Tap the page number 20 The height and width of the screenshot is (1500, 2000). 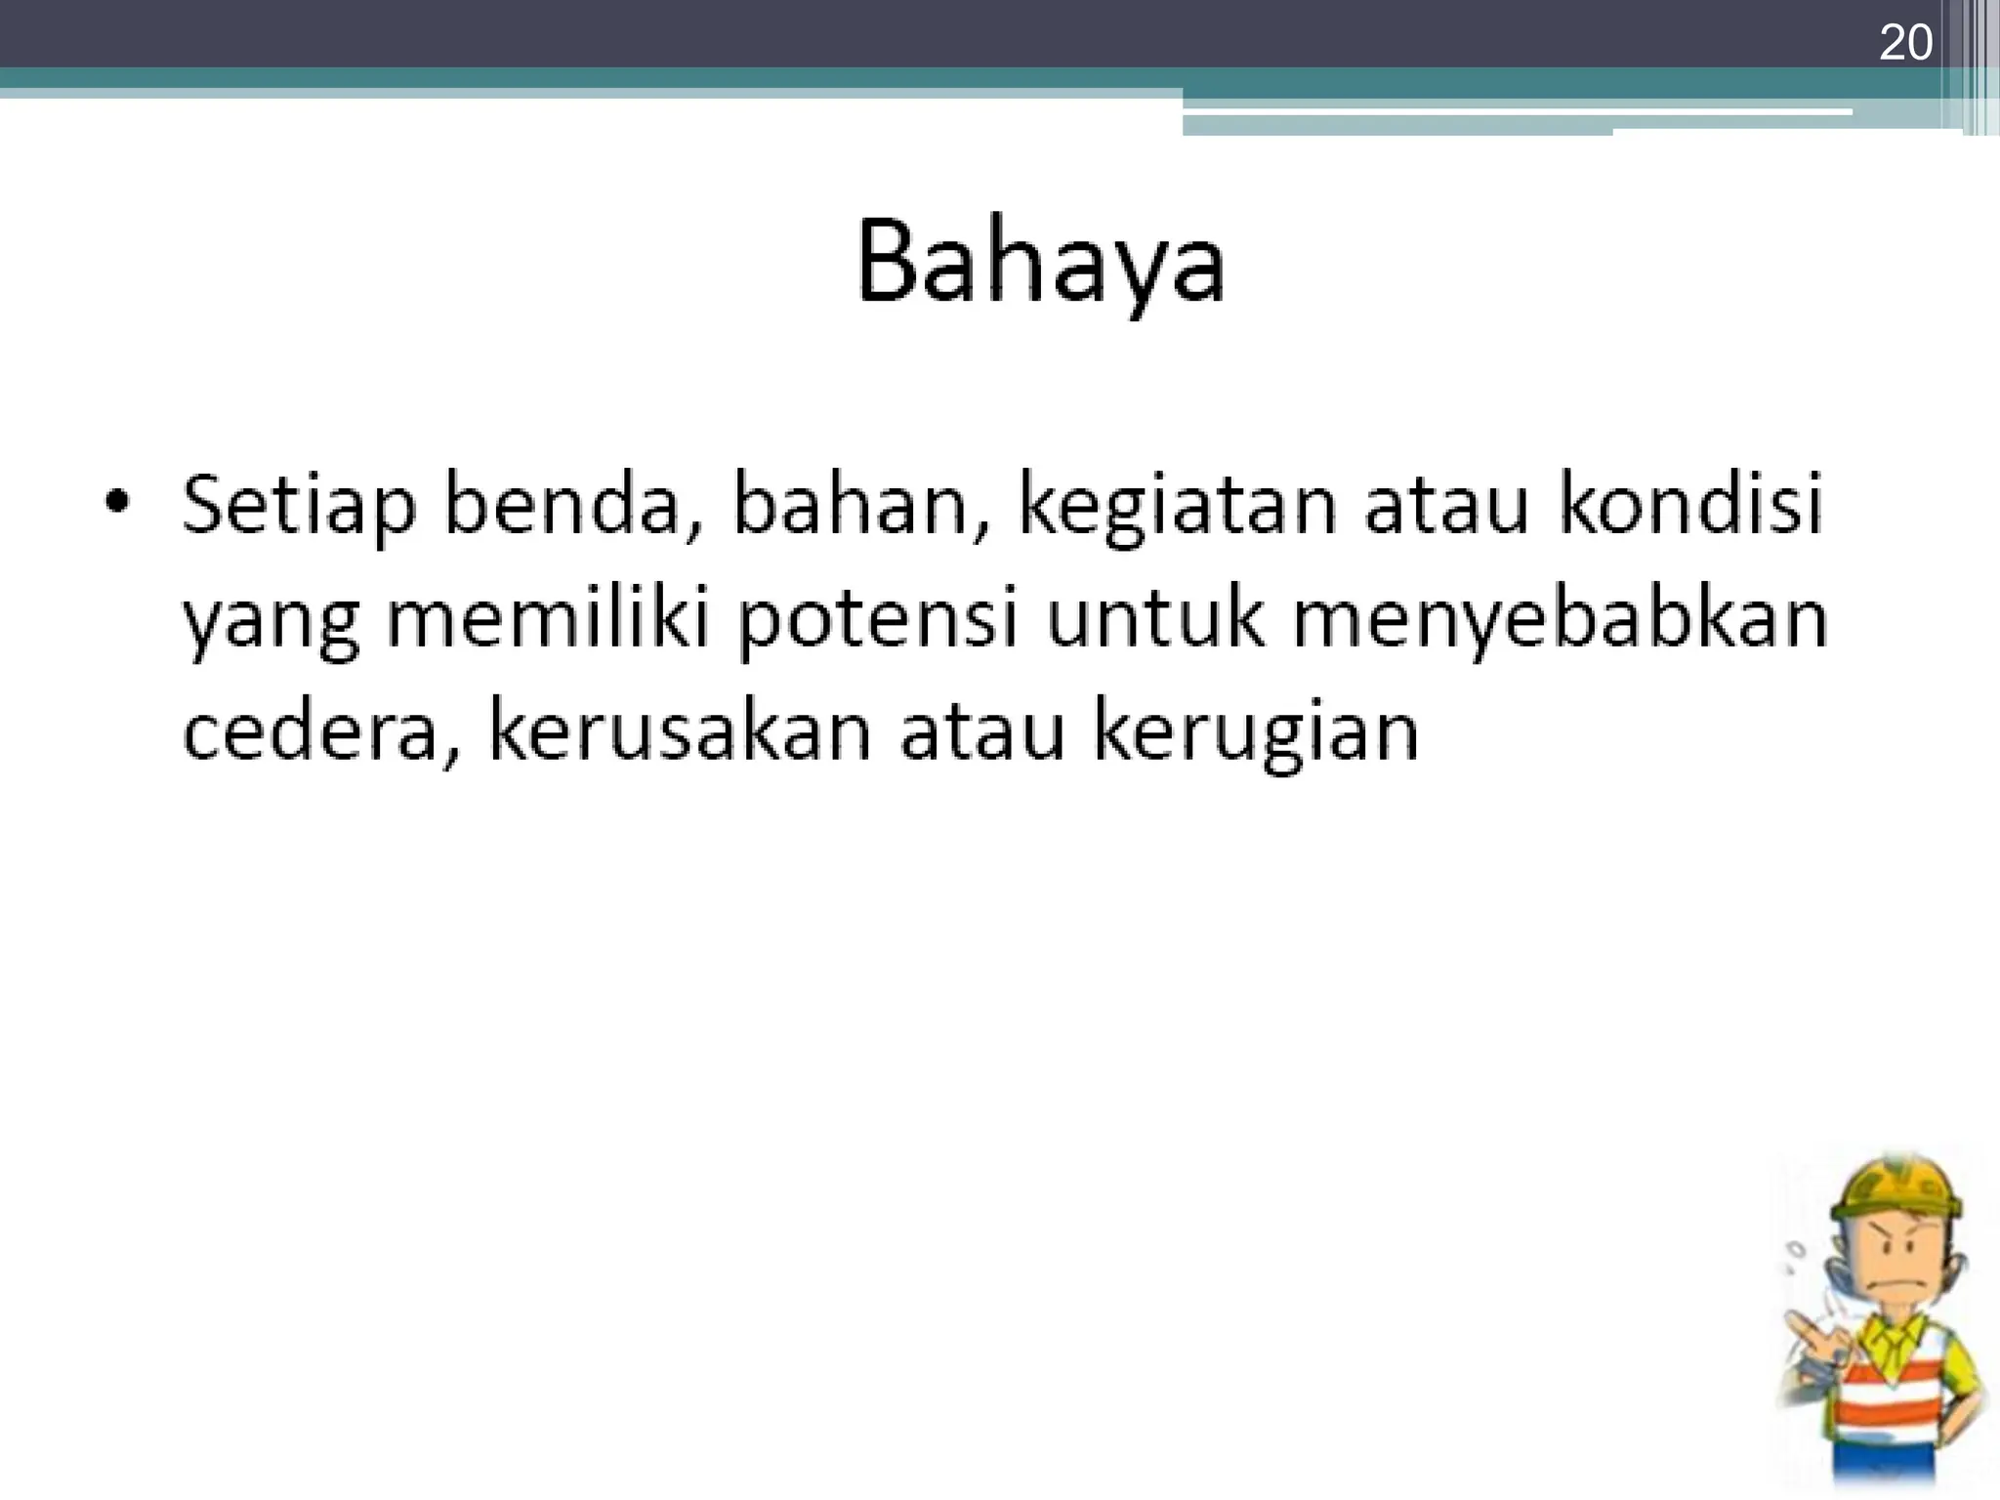(x=1905, y=44)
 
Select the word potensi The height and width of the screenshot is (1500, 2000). (x=878, y=621)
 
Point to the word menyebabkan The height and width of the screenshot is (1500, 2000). (x=1560, y=621)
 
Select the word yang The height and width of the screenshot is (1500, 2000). (x=271, y=625)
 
